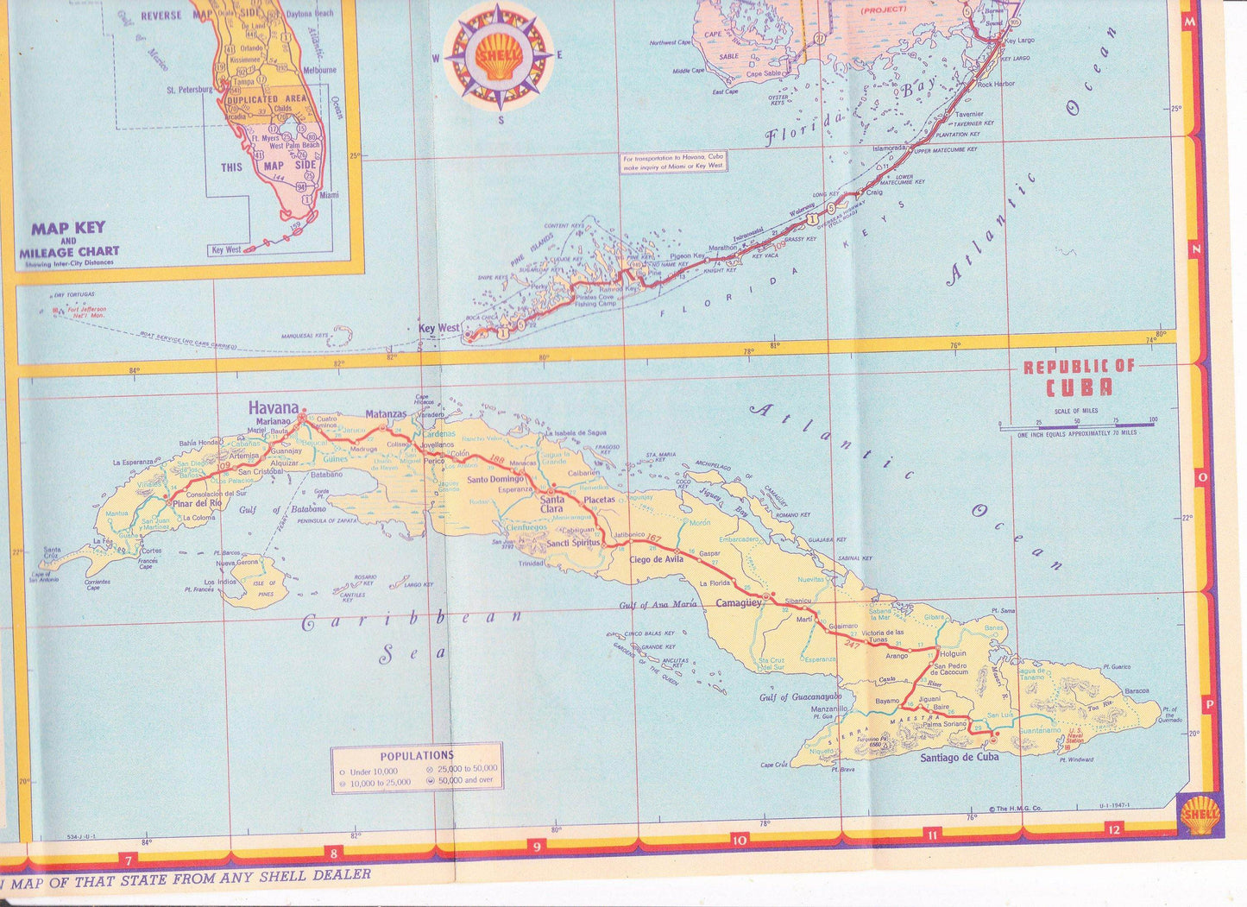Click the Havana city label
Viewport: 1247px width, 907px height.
[x=273, y=407]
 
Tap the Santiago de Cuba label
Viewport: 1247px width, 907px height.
[x=959, y=757]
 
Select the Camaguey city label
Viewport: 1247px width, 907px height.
[x=739, y=603]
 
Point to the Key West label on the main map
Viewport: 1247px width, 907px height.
[x=438, y=328]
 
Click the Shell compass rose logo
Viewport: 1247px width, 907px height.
[x=499, y=57]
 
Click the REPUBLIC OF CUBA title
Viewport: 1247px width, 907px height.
[x=1079, y=378]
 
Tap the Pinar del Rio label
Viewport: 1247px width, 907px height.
[x=197, y=503]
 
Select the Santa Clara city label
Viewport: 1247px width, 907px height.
[x=552, y=504]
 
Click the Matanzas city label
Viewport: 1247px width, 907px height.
[x=385, y=413]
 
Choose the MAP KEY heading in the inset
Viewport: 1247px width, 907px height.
[x=68, y=229]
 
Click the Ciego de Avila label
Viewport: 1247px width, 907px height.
[x=657, y=557]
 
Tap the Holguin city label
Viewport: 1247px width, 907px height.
[x=952, y=653]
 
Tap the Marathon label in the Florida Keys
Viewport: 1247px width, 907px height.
[x=722, y=248]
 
